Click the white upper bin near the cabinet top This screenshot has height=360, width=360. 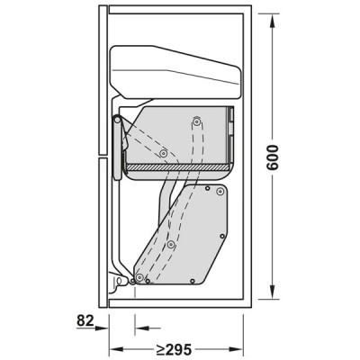(x=175, y=72)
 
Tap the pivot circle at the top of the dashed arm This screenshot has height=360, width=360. (x=195, y=120)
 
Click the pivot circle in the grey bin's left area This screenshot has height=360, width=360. (x=163, y=152)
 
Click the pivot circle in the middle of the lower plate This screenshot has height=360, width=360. (x=170, y=244)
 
